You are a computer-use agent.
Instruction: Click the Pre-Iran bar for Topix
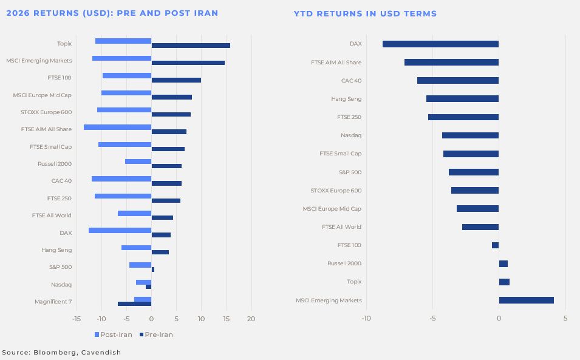coord(191,46)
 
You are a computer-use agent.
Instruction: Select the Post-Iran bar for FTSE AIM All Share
coord(117,127)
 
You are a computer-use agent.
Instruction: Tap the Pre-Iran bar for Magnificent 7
coord(134,304)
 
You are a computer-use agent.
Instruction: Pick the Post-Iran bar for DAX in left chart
coord(120,230)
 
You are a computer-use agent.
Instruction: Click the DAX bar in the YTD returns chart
coord(440,44)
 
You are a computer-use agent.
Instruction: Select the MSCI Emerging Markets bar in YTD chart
coord(526,300)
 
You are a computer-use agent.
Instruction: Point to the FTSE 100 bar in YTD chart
coord(495,245)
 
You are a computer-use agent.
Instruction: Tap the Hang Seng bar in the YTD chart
coord(462,98)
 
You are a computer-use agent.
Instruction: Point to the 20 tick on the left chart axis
coord(251,319)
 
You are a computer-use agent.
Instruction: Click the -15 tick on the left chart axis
coord(77,319)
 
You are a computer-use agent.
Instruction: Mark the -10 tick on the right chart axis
coord(366,318)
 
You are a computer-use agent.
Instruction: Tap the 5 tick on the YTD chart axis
coord(565,318)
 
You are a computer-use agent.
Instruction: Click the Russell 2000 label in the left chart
coord(55,164)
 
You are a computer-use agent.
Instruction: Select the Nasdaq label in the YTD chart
coord(350,135)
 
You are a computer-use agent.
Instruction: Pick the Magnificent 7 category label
coord(53,302)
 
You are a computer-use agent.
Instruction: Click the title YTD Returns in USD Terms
coord(365,13)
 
